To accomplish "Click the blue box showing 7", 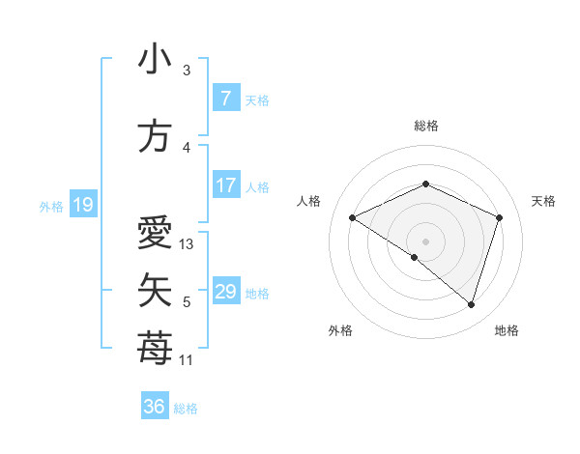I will [x=225, y=99].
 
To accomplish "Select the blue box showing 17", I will [x=225, y=185].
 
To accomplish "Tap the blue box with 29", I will [x=225, y=292].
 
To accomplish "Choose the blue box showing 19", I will [x=82, y=205].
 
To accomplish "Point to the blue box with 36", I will [x=154, y=407].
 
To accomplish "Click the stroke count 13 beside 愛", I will [x=188, y=244].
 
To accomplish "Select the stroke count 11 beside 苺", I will [x=188, y=360].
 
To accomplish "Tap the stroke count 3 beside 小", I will [x=187, y=71].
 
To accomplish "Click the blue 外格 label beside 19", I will [x=50, y=206].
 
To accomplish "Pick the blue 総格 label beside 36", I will [x=186, y=409].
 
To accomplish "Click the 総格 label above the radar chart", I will [x=425, y=126].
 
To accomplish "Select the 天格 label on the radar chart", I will [x=543, y=201].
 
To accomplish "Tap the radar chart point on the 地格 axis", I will [x=472, y=304].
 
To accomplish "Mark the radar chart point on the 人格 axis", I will [x=353, y=218].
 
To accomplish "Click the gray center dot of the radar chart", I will [x=425, y=241].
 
